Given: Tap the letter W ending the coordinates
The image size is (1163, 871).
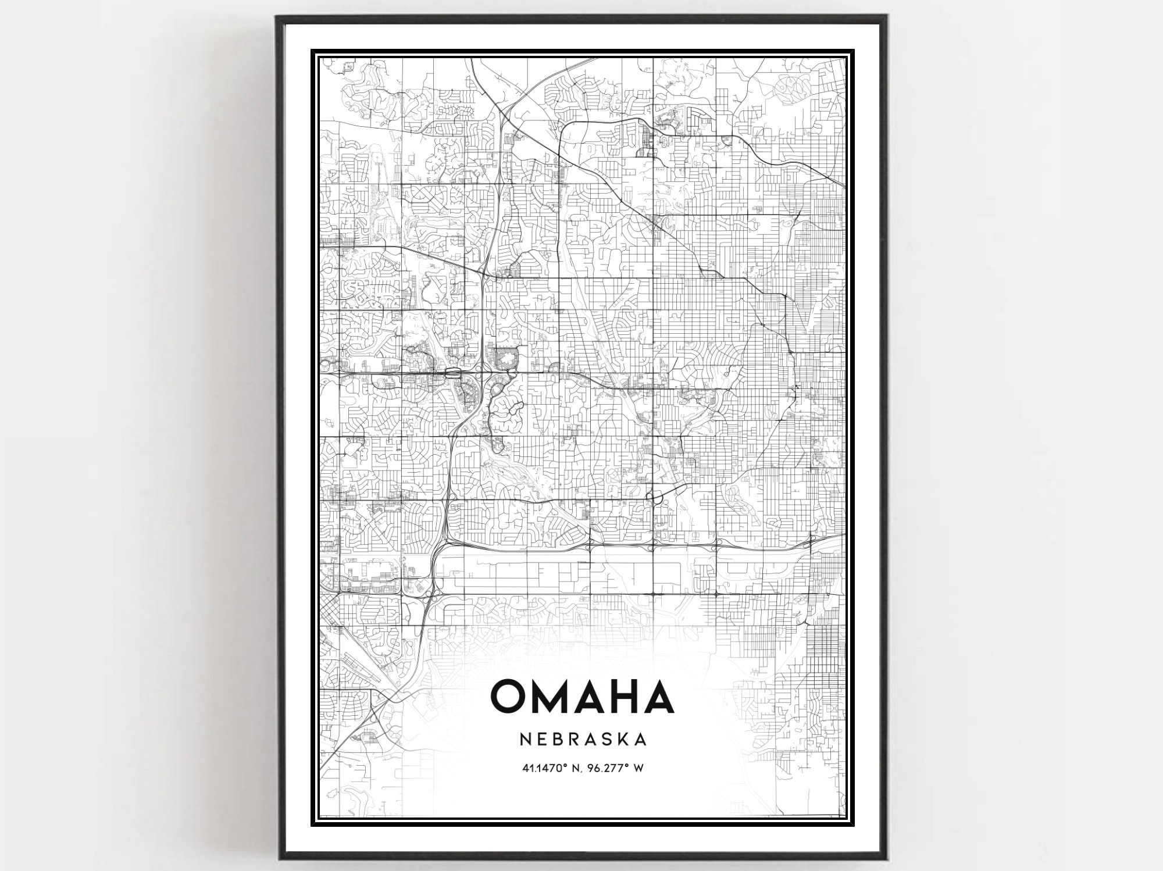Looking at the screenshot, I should click(x=638, y=768).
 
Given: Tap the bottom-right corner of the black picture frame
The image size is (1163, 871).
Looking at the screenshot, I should click(x=885, y=859).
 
